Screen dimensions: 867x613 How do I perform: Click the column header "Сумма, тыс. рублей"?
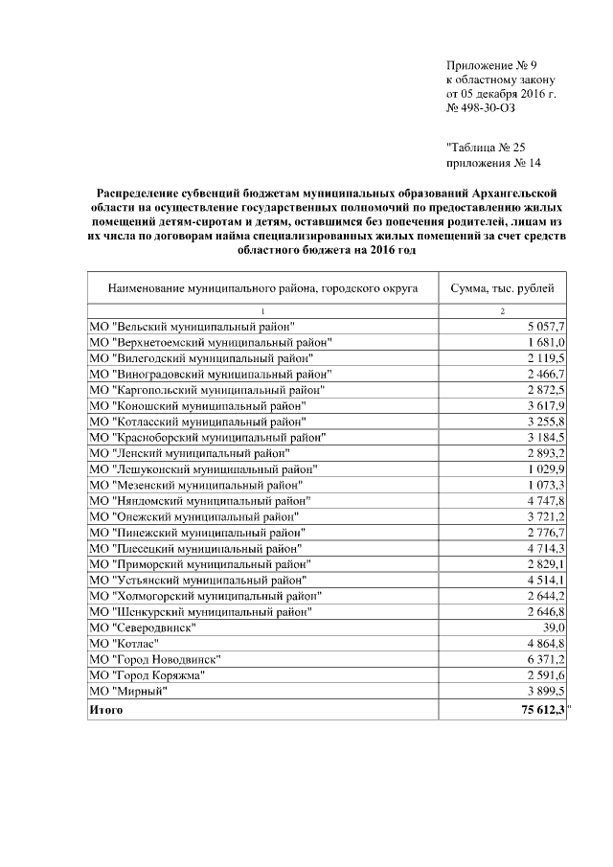(502, 287)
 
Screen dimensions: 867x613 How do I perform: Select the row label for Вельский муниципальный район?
(192, 328)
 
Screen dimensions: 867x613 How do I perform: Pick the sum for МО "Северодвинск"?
(552, 627)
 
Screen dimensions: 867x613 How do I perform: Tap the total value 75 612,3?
(539, 711)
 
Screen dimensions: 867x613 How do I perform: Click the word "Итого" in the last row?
(106, 711)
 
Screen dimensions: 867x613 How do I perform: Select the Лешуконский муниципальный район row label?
(203, 468)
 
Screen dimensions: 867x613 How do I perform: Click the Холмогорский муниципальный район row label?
(206, 596)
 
